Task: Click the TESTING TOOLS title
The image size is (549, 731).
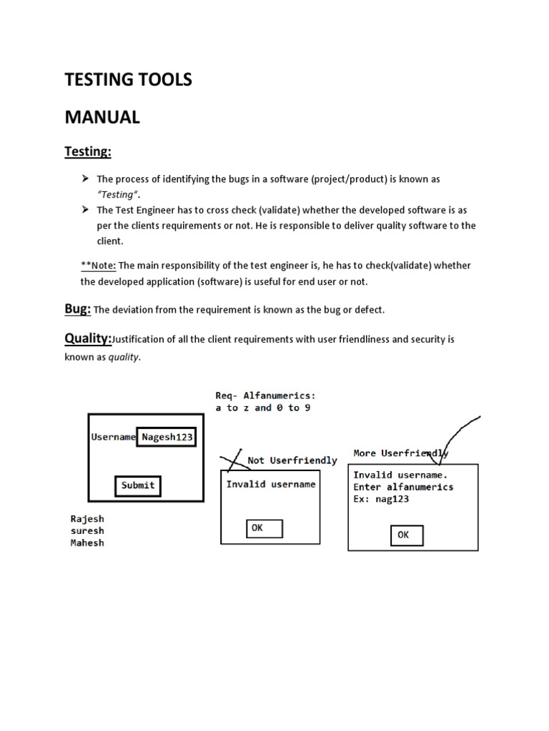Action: pos(129,80)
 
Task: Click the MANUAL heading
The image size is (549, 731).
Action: pos(102,118)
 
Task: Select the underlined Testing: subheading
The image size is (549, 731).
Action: pos(88,151)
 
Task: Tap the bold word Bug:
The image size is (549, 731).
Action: pos(78,308)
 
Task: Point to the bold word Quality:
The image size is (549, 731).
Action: pos(89,338)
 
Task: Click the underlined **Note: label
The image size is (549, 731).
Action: pos(99,266)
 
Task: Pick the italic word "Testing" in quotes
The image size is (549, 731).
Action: pos(117,195)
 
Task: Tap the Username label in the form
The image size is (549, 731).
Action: pos(113,437)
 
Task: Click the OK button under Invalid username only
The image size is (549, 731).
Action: pos(264,528)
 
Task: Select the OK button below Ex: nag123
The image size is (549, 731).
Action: pos(407,535)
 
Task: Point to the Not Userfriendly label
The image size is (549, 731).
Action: pos(292,460)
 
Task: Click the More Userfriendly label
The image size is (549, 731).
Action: pos(400,453)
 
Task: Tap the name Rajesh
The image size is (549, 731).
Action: pos(87,519)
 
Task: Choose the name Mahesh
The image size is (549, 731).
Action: pos(87,543)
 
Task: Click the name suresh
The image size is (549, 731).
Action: pos(87,531)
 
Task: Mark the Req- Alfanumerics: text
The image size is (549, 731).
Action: pos(265,395)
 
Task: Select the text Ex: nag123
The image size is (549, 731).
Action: pos(381,499)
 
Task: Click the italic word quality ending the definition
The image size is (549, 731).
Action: pos(124,358)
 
